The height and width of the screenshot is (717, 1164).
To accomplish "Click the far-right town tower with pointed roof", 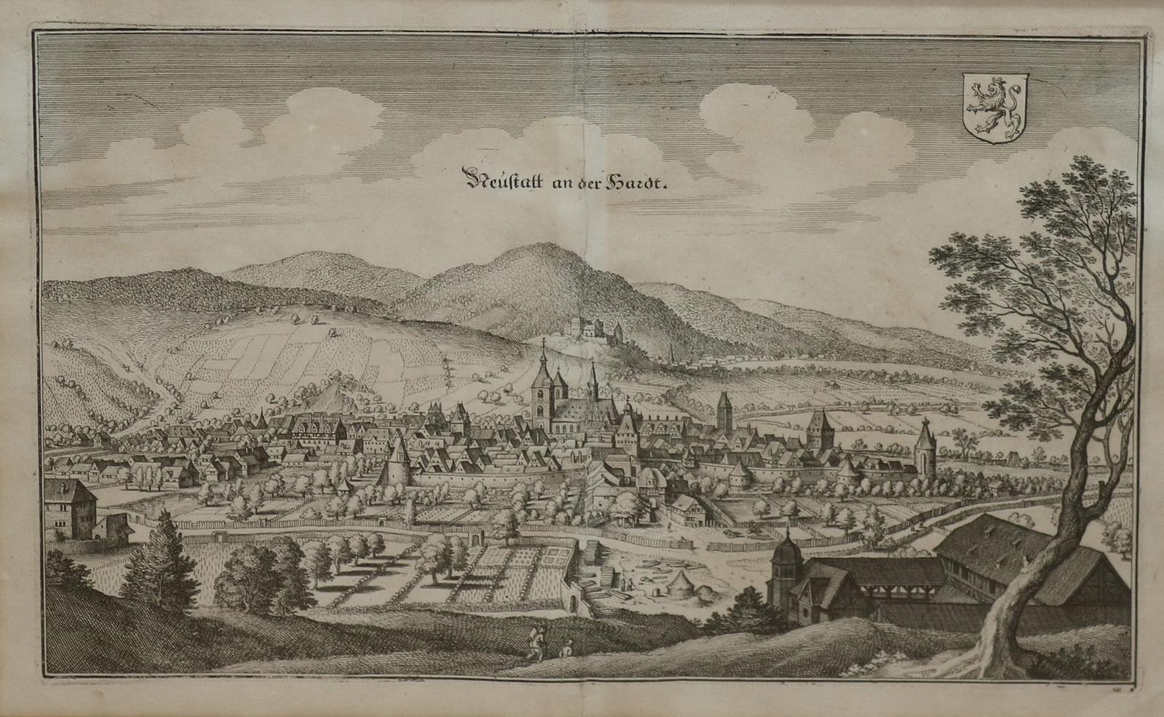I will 925,447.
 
